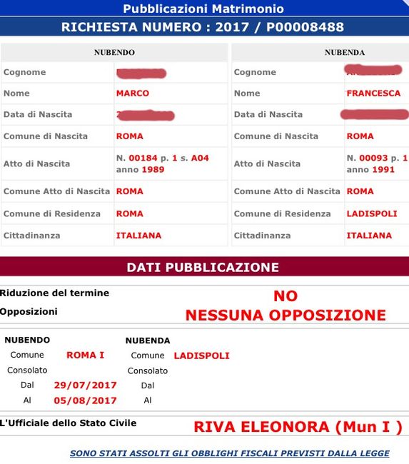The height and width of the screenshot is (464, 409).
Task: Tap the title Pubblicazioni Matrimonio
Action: (203, 9)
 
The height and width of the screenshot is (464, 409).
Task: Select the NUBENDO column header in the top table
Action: (114, 52)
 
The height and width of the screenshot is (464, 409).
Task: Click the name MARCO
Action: (133, 94)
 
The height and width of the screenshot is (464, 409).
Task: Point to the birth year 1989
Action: (153, 170)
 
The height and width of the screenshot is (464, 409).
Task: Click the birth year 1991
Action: (383, 170)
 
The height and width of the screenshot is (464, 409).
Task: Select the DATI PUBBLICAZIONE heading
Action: (203, 267)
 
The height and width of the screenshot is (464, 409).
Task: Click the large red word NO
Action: (286, 296)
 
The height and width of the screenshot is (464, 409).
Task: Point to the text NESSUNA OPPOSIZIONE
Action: (286, 315)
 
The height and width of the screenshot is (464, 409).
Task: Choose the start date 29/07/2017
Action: (85, 385)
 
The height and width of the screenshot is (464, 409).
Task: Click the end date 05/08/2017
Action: (85, 400)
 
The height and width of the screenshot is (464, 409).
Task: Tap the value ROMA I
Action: (86, 355)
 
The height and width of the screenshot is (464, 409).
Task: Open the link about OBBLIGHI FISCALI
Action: (229, 453)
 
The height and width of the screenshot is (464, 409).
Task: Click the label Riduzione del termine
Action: (55, 293)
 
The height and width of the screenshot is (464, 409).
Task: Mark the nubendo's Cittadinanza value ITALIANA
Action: (138, 235)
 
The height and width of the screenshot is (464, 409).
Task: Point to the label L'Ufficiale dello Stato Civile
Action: (68, 423)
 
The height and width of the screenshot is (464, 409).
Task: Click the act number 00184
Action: (143, 158)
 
